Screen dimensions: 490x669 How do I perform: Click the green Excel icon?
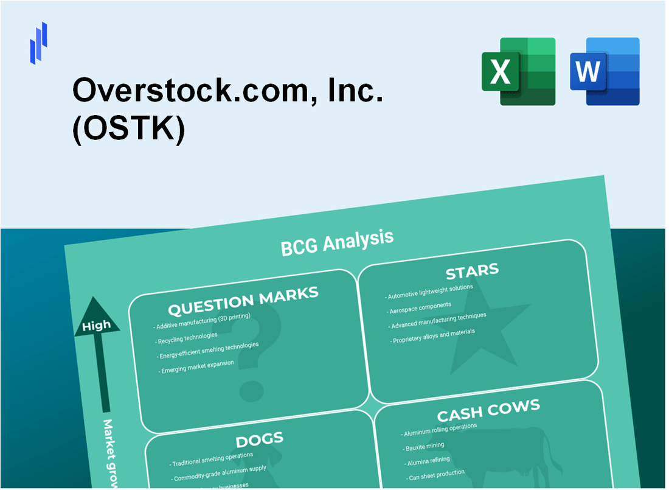tap(518, 71)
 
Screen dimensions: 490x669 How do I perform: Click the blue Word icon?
tap(605, 71)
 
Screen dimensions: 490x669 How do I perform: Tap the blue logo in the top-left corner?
tap(38, 43)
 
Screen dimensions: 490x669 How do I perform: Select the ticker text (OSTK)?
tap(128, 129)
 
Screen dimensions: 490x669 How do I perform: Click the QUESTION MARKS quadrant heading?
tap(243, 301)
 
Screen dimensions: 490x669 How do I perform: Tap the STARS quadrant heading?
tap(472, 270)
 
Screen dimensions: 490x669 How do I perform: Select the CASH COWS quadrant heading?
tap(488, 410)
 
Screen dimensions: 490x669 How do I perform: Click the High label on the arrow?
tap(97, 326)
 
